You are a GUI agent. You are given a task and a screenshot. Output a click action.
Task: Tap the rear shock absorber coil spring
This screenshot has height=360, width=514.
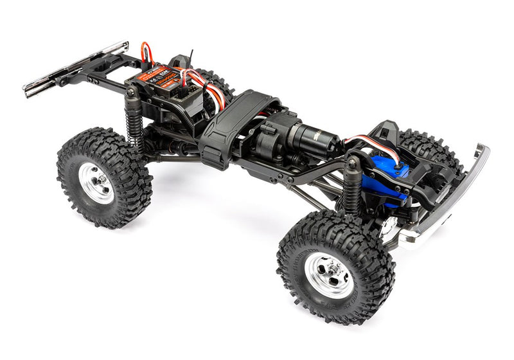(135, 126)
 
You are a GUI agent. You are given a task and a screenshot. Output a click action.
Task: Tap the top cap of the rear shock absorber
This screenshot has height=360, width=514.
(131, 93)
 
